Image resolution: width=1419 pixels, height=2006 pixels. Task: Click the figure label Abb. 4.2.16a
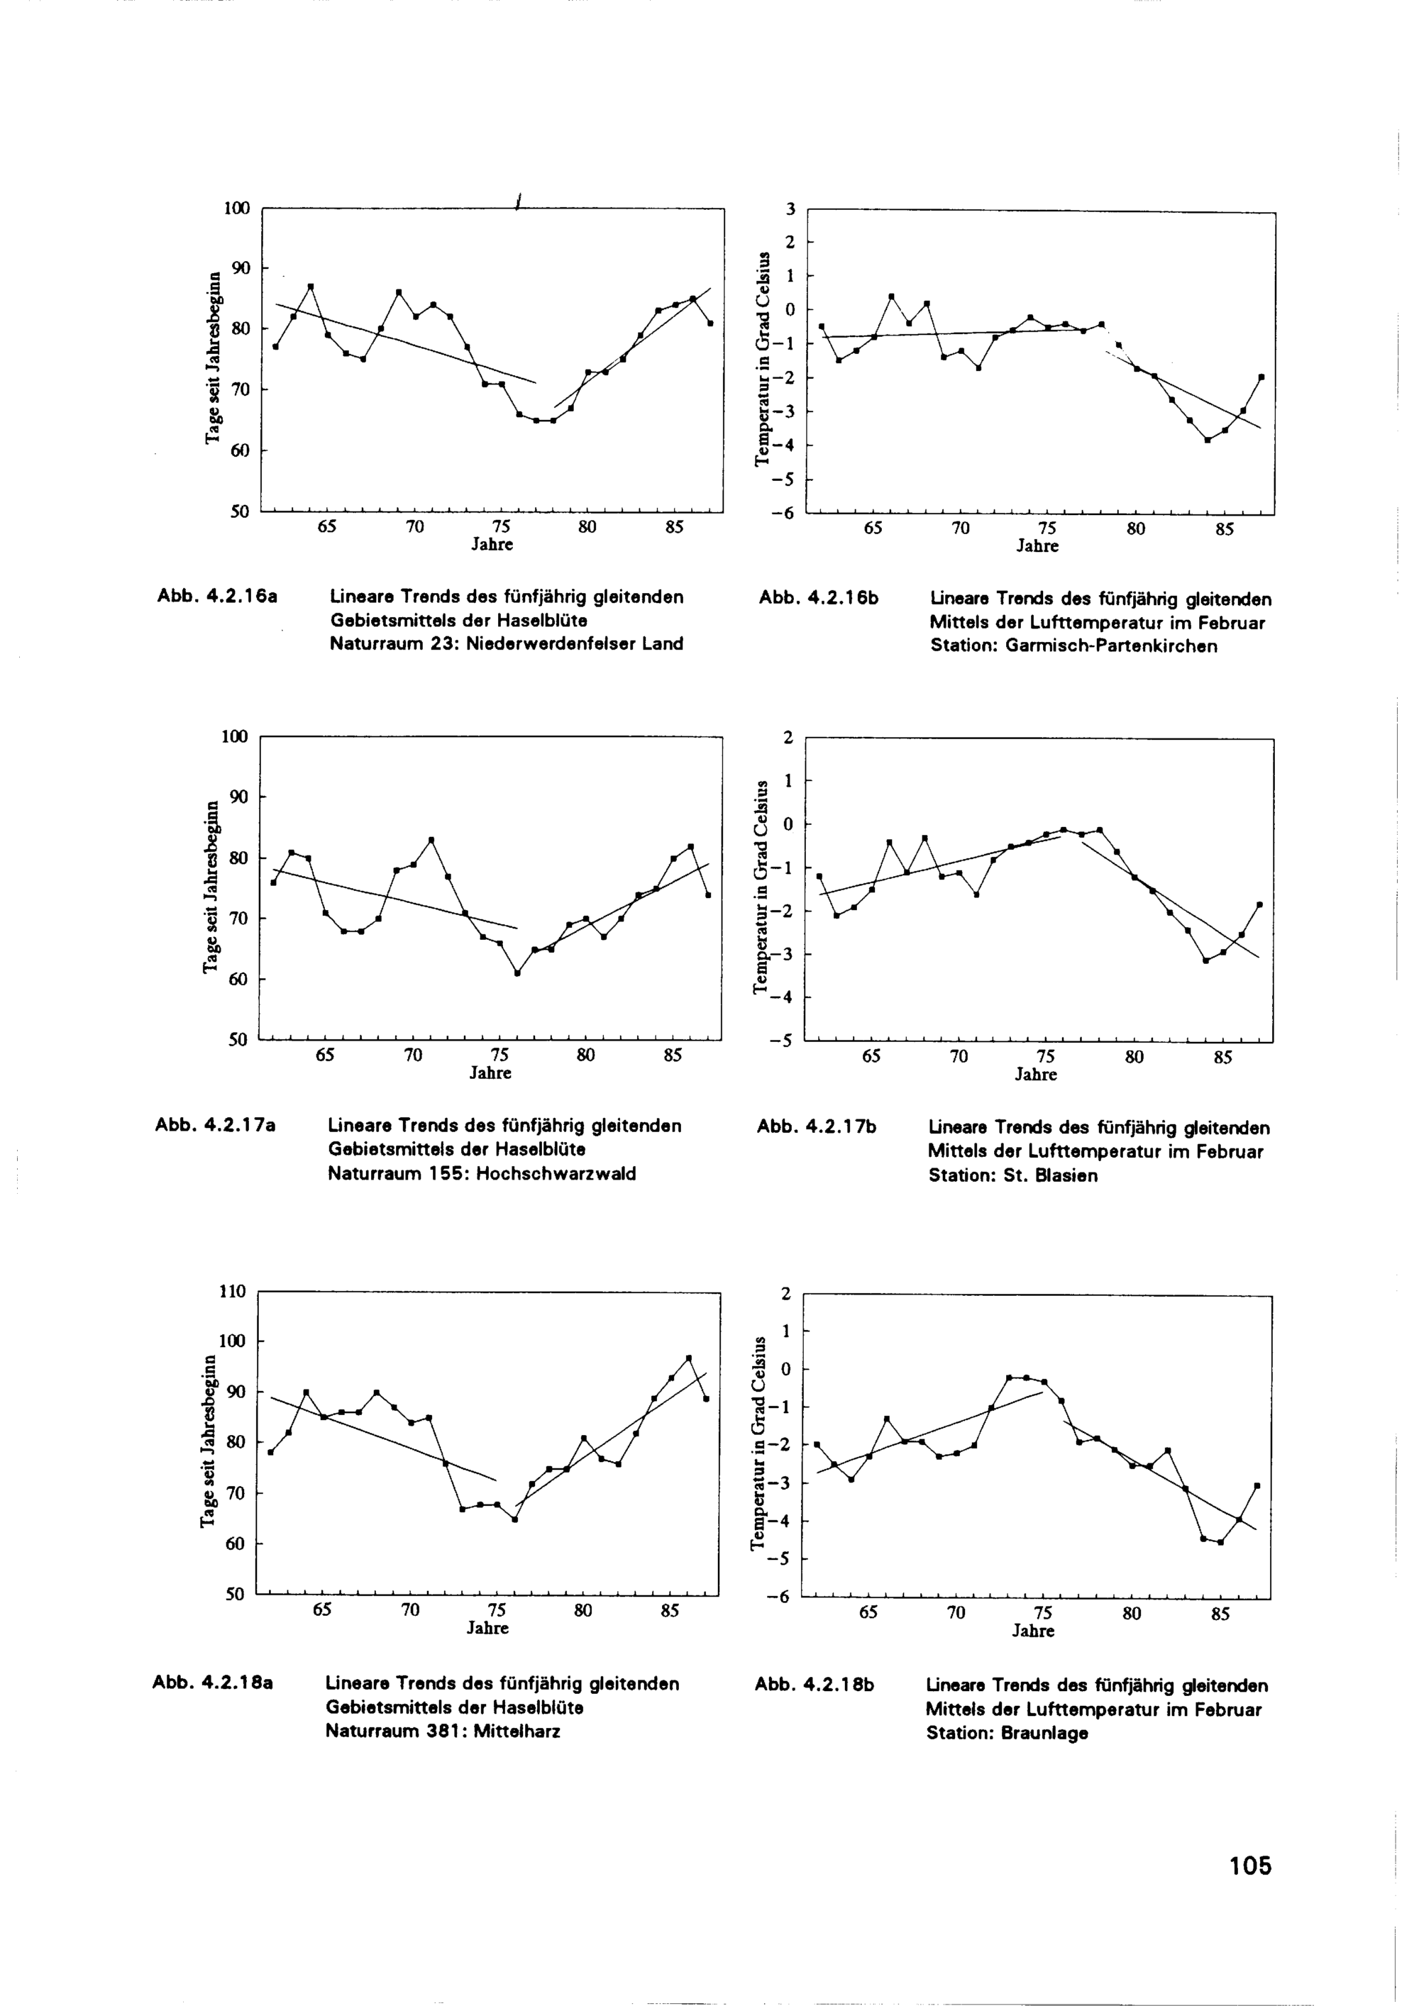tap(216, 597)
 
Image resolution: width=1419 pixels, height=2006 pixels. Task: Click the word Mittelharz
tap(517, 1731)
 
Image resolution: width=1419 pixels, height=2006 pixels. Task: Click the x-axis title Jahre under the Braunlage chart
tap(1033, 1632)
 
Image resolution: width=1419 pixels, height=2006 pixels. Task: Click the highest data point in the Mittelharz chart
tap(688, 1358)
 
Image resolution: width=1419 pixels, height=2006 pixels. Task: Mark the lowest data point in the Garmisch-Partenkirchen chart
tap(1207, 440)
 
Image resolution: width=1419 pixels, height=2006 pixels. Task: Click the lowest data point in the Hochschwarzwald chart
tap(517, 973)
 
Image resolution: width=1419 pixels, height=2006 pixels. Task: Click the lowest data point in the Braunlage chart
tap(1220, 1542)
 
